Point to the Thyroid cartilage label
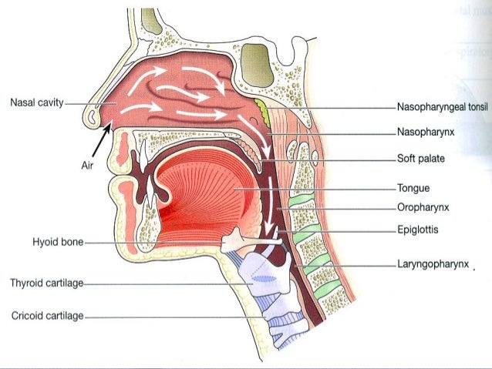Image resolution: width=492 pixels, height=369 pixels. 45,283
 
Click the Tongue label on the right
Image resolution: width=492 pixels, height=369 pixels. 413,187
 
